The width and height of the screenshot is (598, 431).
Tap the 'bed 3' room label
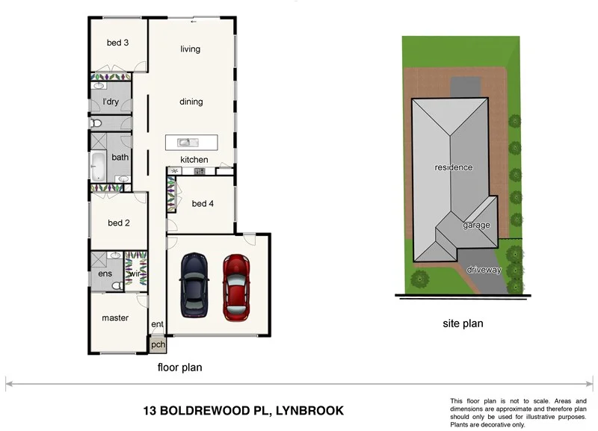click(x=117, y=43)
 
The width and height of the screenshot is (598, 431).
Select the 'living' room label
click(x=191, y=49)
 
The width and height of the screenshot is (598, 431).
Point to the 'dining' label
click(x=191, y=102)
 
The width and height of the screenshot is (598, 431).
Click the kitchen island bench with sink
click(x=191, y=142)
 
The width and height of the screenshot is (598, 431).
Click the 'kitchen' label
click(x=194, y=160)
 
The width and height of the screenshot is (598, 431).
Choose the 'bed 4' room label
click(x=203, y=203)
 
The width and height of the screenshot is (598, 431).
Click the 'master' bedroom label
click(x=115, y=317)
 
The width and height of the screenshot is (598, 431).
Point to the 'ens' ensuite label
click(x=105, y=274)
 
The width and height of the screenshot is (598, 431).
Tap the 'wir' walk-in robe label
click(x=135, y=274)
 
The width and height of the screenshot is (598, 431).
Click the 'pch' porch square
click(x=158, y=345)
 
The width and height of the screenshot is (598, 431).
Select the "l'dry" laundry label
click(x=111, y=102)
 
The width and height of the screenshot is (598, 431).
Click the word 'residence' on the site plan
click(x=454, y=167)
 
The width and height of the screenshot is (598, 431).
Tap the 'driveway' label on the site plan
click(x=484, y=270)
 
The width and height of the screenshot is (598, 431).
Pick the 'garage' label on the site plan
click(x=475, y=225)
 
